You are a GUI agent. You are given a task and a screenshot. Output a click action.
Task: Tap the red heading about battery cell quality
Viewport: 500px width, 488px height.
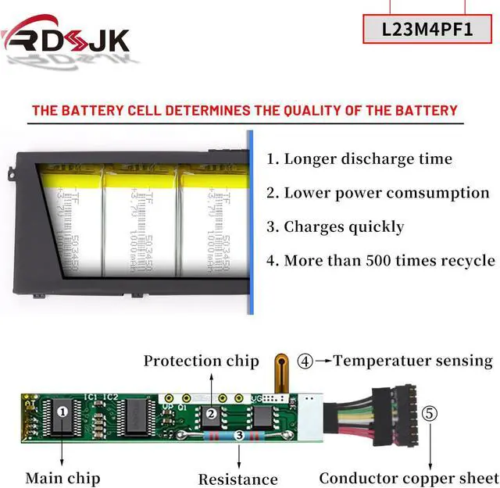(x=244, y=110)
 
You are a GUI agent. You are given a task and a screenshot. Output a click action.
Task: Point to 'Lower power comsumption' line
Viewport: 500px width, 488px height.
(x=377, y=193)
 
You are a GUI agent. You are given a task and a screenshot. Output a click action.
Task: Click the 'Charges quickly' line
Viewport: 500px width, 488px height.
(x=335, y=227)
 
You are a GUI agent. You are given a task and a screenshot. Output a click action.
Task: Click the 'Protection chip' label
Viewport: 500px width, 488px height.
(x=201, y=361)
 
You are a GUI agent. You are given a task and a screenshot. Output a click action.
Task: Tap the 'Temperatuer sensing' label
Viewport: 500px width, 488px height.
(x=413, y=361)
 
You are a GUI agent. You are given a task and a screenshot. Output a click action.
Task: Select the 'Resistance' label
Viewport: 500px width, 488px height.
(x=237, y=479)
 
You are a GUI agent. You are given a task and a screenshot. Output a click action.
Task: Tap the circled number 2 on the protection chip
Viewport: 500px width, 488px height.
(x=210, y=415)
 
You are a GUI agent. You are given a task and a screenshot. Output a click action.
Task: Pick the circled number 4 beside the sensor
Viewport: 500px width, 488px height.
(x=305, y=361)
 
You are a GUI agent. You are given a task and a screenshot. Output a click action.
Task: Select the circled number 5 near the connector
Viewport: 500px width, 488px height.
(x=429, y=413)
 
